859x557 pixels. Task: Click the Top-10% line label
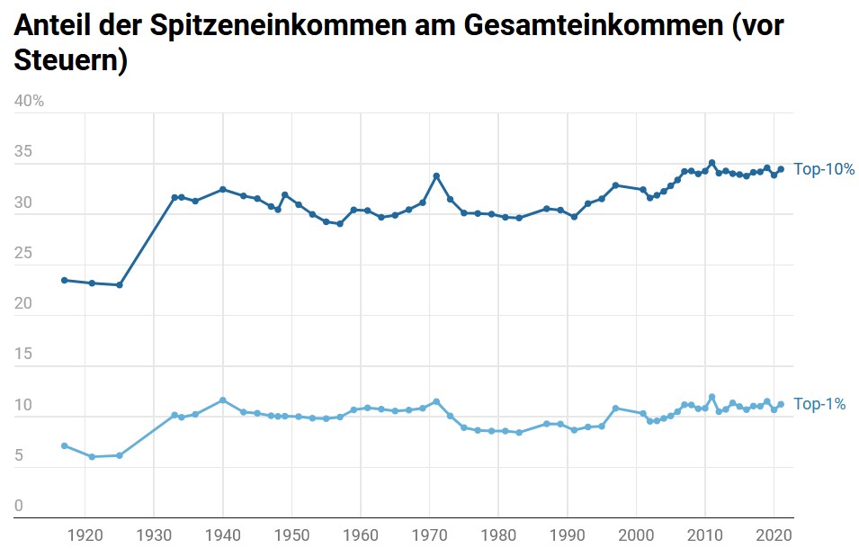(x=823, y=169)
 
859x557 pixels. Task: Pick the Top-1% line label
(x=819, y=405)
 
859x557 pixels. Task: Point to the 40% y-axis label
(x=29, y=101)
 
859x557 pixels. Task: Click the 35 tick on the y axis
(x=22, y=152)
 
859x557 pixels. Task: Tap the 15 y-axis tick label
(x=22, y=355)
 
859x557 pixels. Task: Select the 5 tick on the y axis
(x=19, y=456)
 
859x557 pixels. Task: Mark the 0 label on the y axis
(x=19, y=507)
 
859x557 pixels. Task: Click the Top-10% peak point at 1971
(x=436, y=176)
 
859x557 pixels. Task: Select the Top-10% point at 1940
(x=222, y=190)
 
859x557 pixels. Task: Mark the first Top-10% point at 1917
(x=64, y=280)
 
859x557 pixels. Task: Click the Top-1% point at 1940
(x=222, y=400)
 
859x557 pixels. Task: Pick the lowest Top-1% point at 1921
(x=91, y=457)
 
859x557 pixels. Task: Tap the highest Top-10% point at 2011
(x=711, y=163)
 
